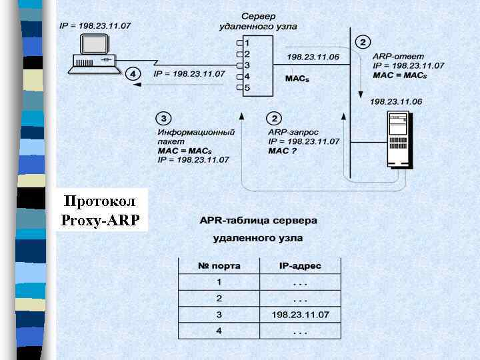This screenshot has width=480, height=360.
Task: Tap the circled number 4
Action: [x=133, y=73]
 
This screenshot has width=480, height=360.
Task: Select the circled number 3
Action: [x=163, y=119]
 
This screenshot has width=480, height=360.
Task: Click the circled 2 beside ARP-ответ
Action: [x=363, y=42]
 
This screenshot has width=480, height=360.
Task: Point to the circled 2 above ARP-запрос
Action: [x=274, y=119]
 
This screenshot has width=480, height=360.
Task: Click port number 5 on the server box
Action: [x=247, y=87]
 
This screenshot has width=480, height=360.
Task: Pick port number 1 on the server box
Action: [x=247, y=43]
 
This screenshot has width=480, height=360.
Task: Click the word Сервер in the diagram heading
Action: [x=258, y=15]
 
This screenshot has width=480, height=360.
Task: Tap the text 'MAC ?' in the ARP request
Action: [x=282, y=151]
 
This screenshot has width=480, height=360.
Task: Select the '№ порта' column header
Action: [x=219, y=266]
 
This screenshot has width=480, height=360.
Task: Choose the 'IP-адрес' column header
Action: [x=300, y=266]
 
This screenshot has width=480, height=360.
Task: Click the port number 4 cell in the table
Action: [x=219, y=331]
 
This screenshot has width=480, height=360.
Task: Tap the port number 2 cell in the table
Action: [x=219, y=298]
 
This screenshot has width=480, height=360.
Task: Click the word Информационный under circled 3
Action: [x=196, y=132]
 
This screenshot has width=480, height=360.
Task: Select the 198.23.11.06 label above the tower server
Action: [x=396, y=101]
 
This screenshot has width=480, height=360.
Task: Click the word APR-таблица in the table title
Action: [x=231, y=220]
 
